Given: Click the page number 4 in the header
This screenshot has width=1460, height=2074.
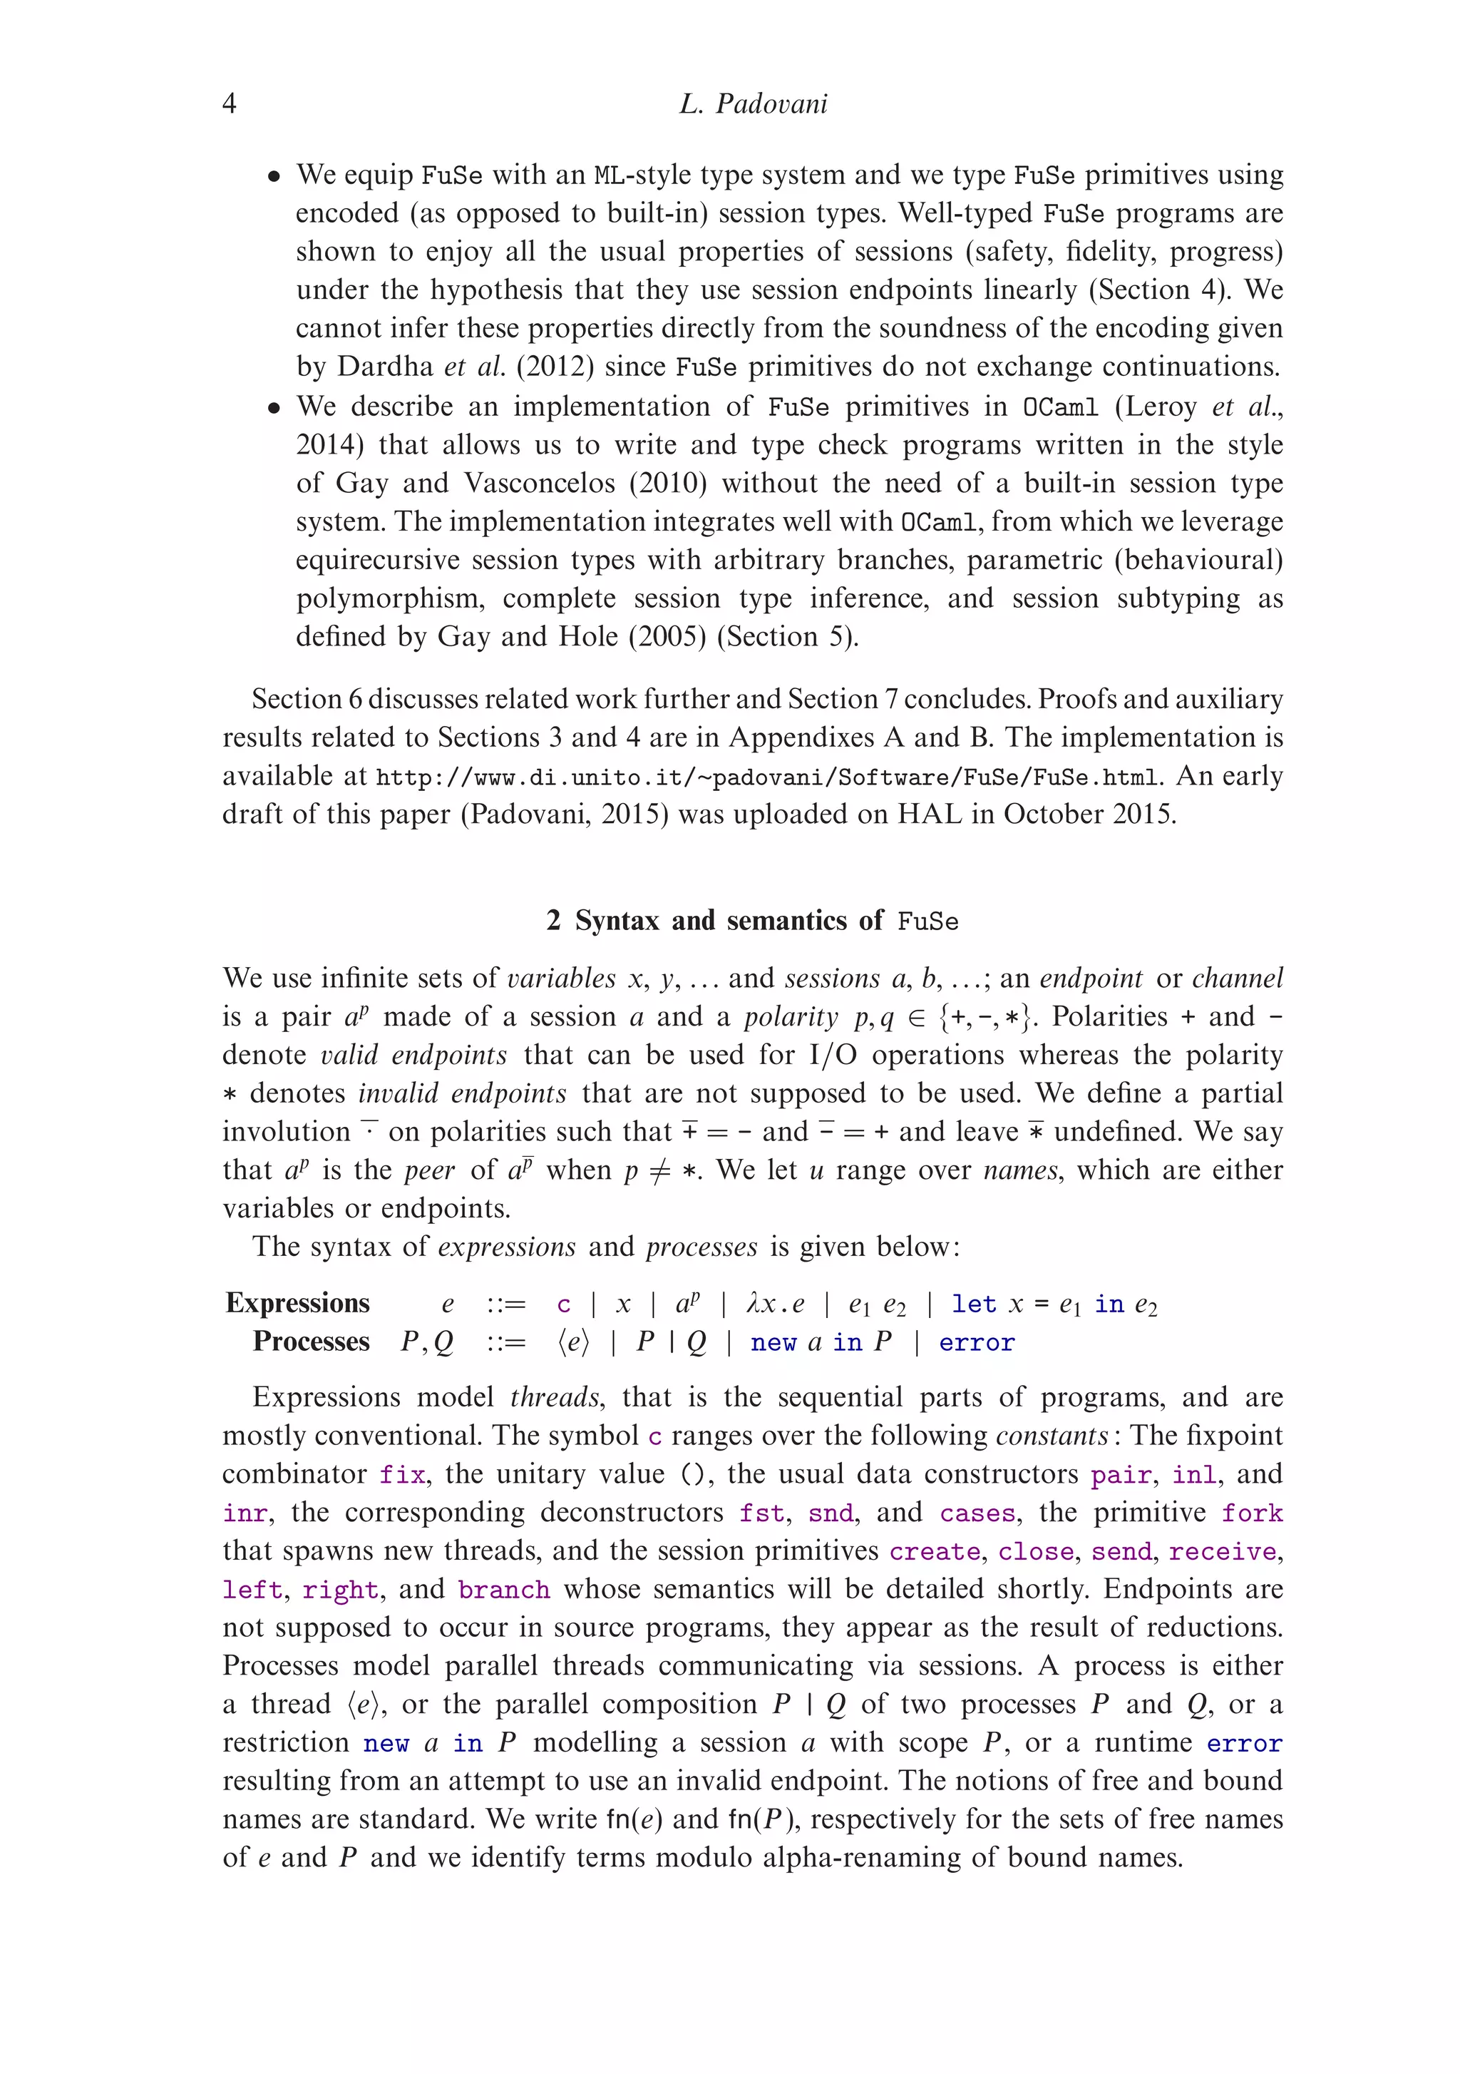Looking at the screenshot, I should point(230,104).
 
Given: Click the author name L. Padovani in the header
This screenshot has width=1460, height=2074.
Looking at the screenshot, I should point(753,104).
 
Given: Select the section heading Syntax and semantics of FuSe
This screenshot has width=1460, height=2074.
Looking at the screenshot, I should point(752,921).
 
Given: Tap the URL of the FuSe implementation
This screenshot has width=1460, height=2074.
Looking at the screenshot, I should point(766,777).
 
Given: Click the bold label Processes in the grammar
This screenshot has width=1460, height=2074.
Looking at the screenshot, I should point(311,1342).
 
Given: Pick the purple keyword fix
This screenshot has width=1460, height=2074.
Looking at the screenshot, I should point(402,1475).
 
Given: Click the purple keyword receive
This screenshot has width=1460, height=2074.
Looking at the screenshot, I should point(1223,1552).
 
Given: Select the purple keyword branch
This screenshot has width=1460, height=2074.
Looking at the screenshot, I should point(504,1590).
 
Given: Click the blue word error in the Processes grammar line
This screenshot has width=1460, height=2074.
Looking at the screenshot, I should point(976,1342).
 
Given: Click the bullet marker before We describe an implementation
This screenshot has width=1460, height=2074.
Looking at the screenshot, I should point(274,408).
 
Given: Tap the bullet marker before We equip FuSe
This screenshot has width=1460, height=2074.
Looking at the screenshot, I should point(274,176).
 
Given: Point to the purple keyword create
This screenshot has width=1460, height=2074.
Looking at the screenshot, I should point(935,1552).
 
